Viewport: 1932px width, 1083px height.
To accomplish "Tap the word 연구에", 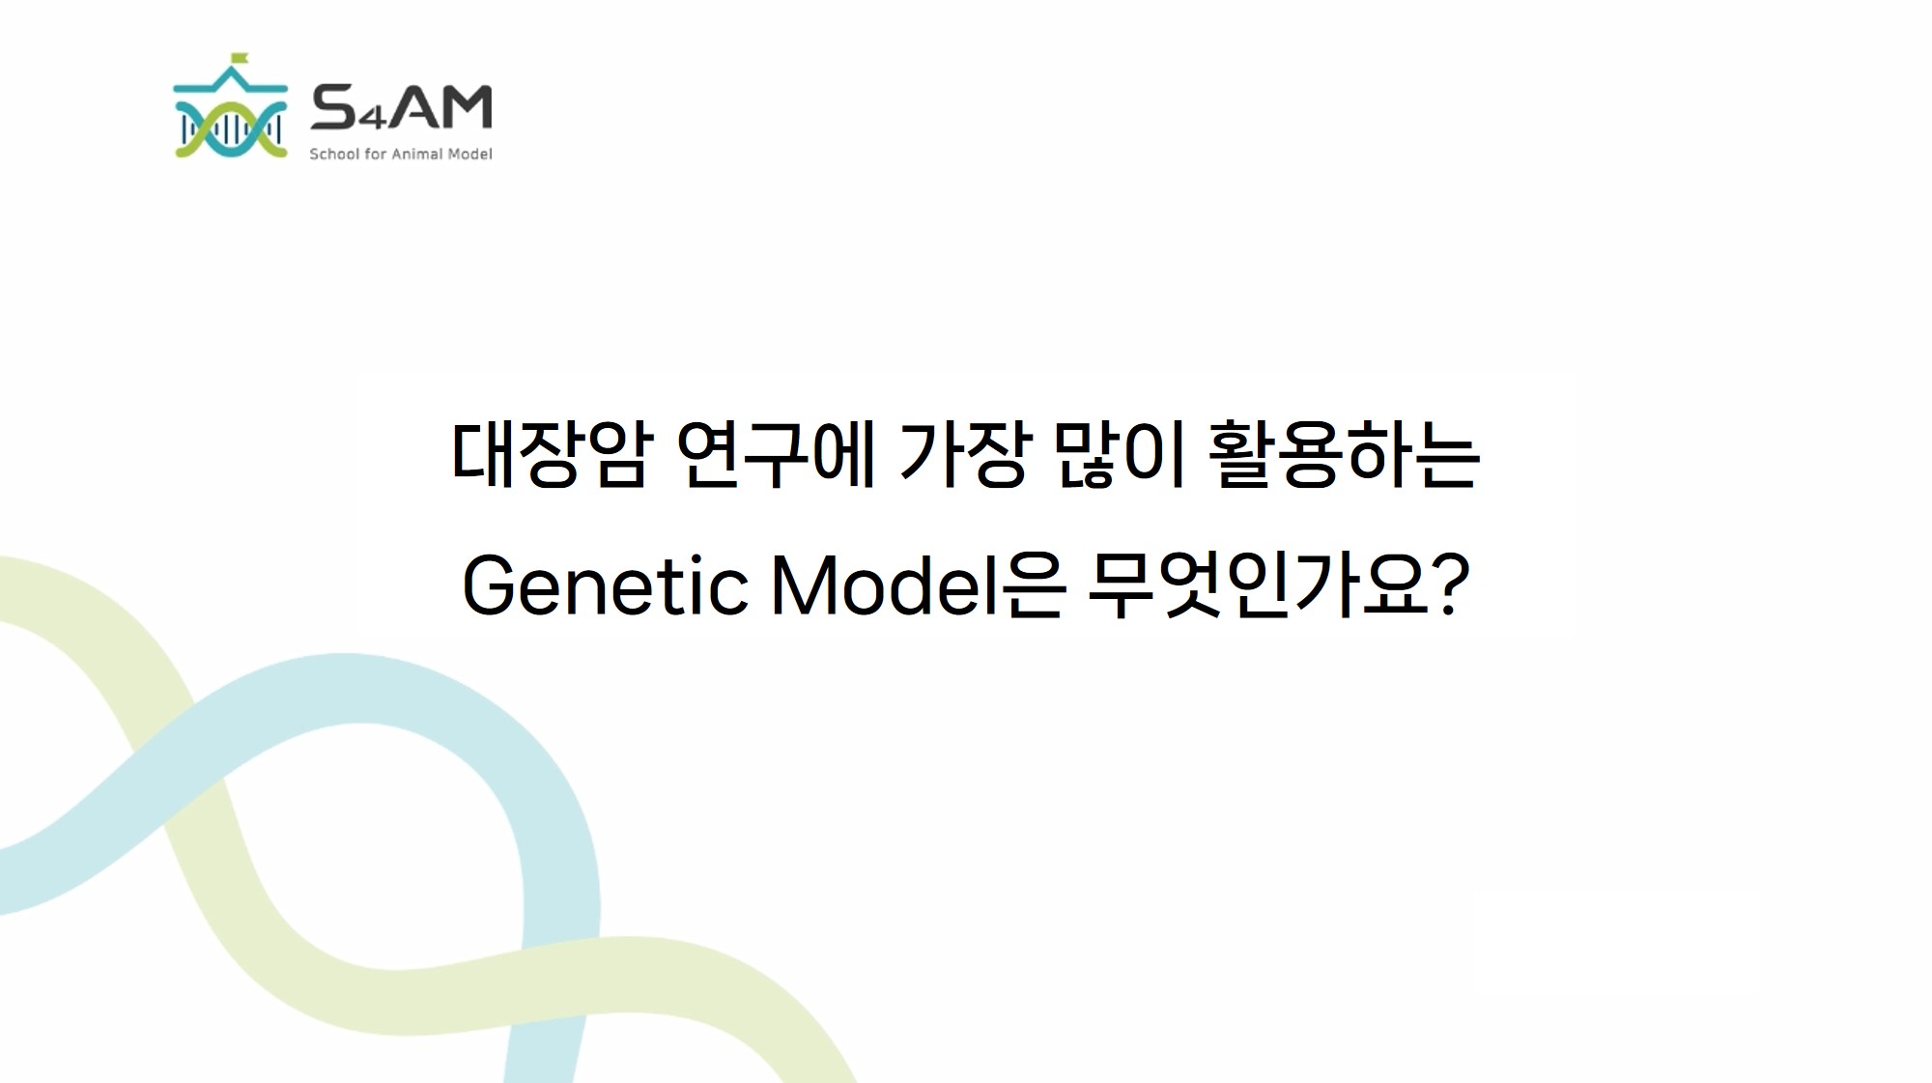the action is tap(776, 454).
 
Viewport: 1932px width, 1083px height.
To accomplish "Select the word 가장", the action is tap(960, 454).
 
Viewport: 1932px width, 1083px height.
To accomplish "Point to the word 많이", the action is tap(1118, 454).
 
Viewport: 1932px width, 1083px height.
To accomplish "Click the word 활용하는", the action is tap(1344, 454).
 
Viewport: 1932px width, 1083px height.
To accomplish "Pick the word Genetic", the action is tap(606, 585).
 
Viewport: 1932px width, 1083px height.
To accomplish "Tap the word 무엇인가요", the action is tap(1258, 585).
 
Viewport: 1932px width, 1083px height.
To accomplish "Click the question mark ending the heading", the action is tap(1453, 585).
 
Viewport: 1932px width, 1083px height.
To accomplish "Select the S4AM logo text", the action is tap(401, 107).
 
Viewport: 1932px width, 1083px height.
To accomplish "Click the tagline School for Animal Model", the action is tap(401, 154).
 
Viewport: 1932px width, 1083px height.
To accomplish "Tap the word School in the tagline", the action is tap(334, 154).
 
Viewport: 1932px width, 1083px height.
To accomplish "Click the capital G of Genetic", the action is tap(491, 585).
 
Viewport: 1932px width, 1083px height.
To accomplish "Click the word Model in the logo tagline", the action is tap(470, 154).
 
